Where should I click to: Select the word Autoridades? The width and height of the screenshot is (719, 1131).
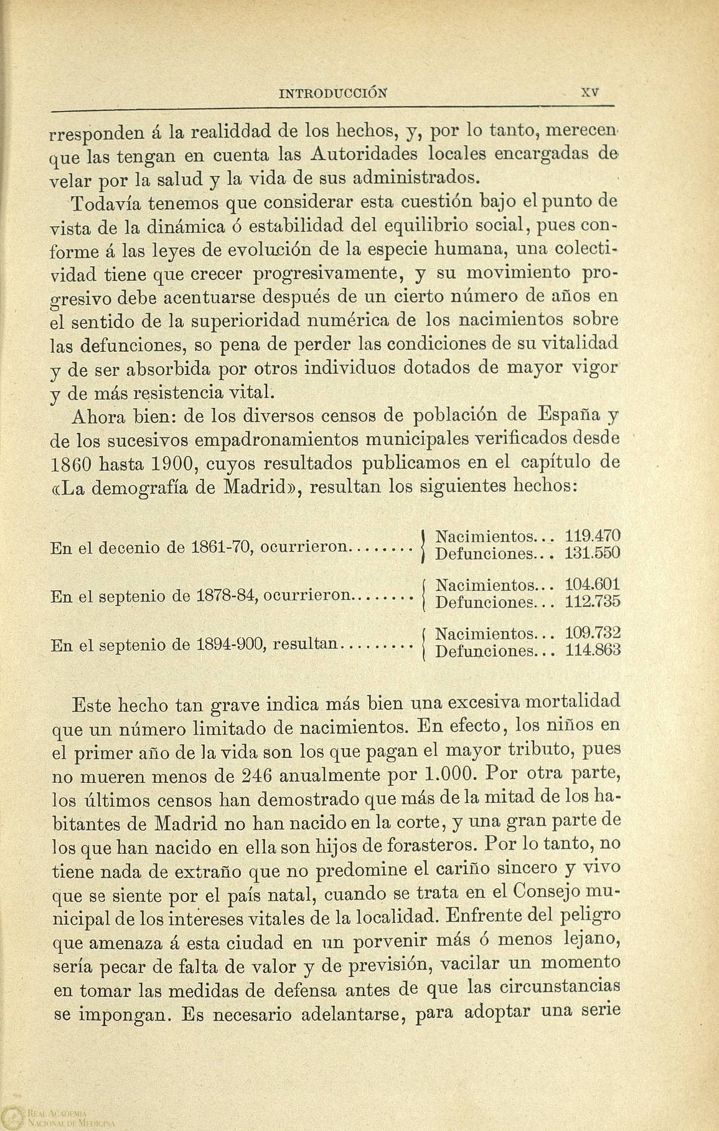coord(362,154)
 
